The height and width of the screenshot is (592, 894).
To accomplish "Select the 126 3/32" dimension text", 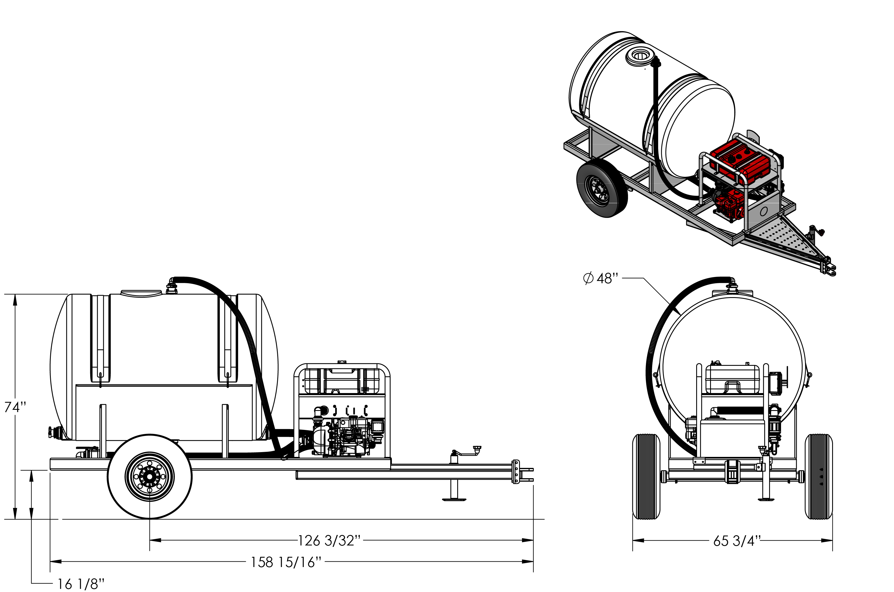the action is pyautogui.click(x=330, y=541).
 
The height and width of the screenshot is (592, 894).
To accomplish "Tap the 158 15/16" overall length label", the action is pyautogui.click(x=286, y=562).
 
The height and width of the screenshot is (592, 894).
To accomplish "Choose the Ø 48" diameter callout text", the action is pyautogui.click(x=601, y=278).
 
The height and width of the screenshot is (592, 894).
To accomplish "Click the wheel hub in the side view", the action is pyautogui.click(x=150, y=476).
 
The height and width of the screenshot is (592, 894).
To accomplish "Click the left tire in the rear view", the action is pyautogui.click(x=646, y=476).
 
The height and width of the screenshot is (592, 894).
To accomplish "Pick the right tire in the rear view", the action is pyautogui.click(x=819, y=476).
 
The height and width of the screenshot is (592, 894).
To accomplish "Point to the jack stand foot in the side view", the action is pyautogui.click(x=454, y=499).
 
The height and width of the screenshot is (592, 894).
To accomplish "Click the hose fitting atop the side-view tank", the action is pyautogui.click(x=172, y=286).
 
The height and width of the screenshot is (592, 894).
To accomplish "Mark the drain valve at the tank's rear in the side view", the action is pyautogui.click(x=54, y=432).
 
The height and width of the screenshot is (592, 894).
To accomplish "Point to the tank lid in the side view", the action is pyautogui.click(x=142, y=293).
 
